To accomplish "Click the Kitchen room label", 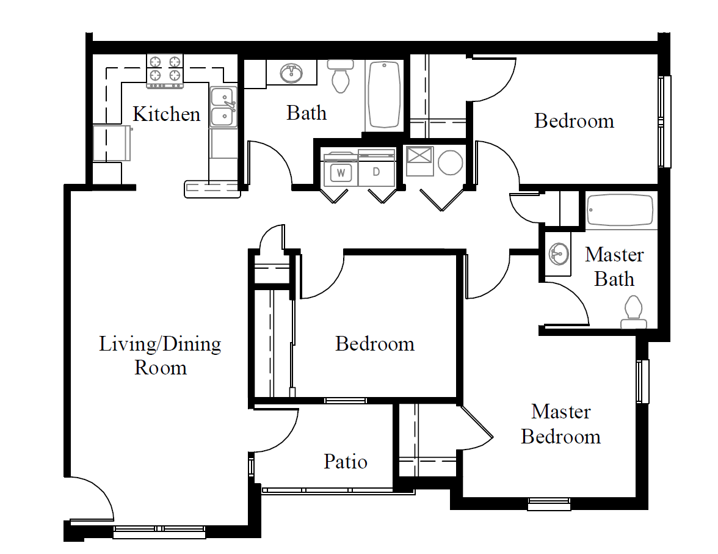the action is (167, 114).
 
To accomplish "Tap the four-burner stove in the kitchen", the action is (165, 71).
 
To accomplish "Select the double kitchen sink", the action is (223, 108).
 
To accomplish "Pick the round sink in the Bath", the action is (291, 73).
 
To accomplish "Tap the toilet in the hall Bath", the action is (339, 76).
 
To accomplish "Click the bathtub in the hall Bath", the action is (384, 95).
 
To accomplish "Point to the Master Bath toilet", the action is (634, 312).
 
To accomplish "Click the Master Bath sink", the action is (559, 254).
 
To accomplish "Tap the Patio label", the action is (346, 461).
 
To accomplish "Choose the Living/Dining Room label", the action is (160, 355).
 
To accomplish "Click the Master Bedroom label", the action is (561, 424).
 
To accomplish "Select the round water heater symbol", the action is (450, 162).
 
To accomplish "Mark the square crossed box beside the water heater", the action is (419, 161).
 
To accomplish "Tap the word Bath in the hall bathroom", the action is (306, 113).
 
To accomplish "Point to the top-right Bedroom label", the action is (574, 121).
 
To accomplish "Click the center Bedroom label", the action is (375, 344).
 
